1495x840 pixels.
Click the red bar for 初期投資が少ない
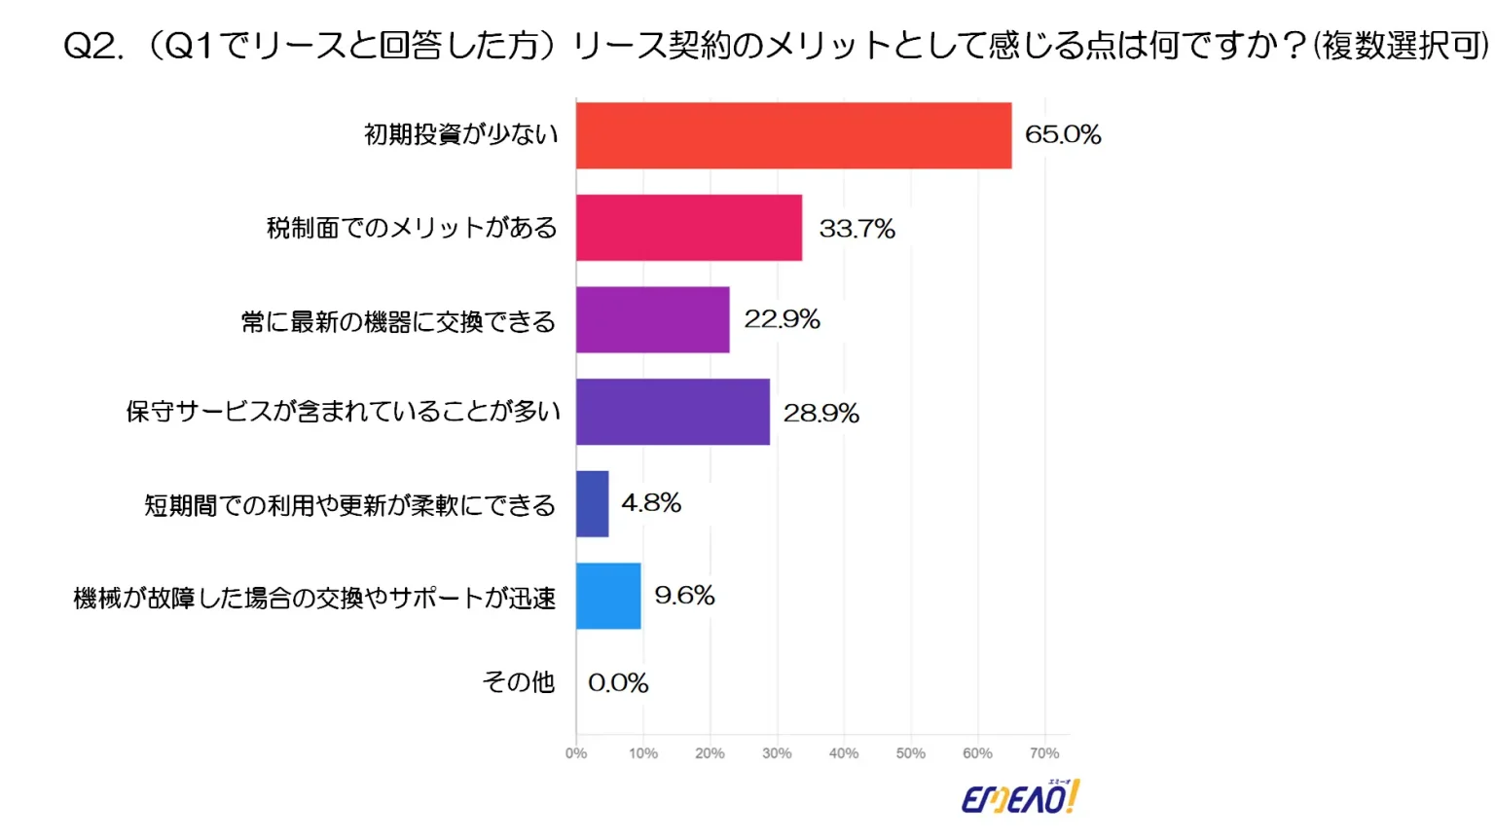pos(793,135)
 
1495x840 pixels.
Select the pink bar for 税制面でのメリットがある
pos(689,228)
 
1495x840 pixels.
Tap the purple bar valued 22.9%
pos(652,319)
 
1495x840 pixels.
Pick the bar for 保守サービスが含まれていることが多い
pos(673,412)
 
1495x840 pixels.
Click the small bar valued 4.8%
pos(592,504)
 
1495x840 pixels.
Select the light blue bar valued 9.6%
pos(608,596)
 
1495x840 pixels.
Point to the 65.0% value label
pos(1063,134)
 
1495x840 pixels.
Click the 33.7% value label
pos(857,229)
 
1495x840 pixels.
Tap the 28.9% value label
pos(820,414)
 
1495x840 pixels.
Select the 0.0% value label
pos(618,683)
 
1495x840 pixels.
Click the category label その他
pos(519,682)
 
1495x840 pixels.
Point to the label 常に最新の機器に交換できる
pos(398,321)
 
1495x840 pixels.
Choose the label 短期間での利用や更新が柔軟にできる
pos(350,505)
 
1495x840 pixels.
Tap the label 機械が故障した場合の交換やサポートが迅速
pos(314,598)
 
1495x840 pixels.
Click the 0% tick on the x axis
pos(576,753)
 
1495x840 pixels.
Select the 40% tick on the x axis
pos(843,753)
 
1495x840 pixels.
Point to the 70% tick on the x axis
pos(1043,753)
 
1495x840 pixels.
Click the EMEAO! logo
pos(1020,798)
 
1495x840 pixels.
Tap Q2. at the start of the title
pos(93,46)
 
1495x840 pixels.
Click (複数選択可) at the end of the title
pos(1401,46)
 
